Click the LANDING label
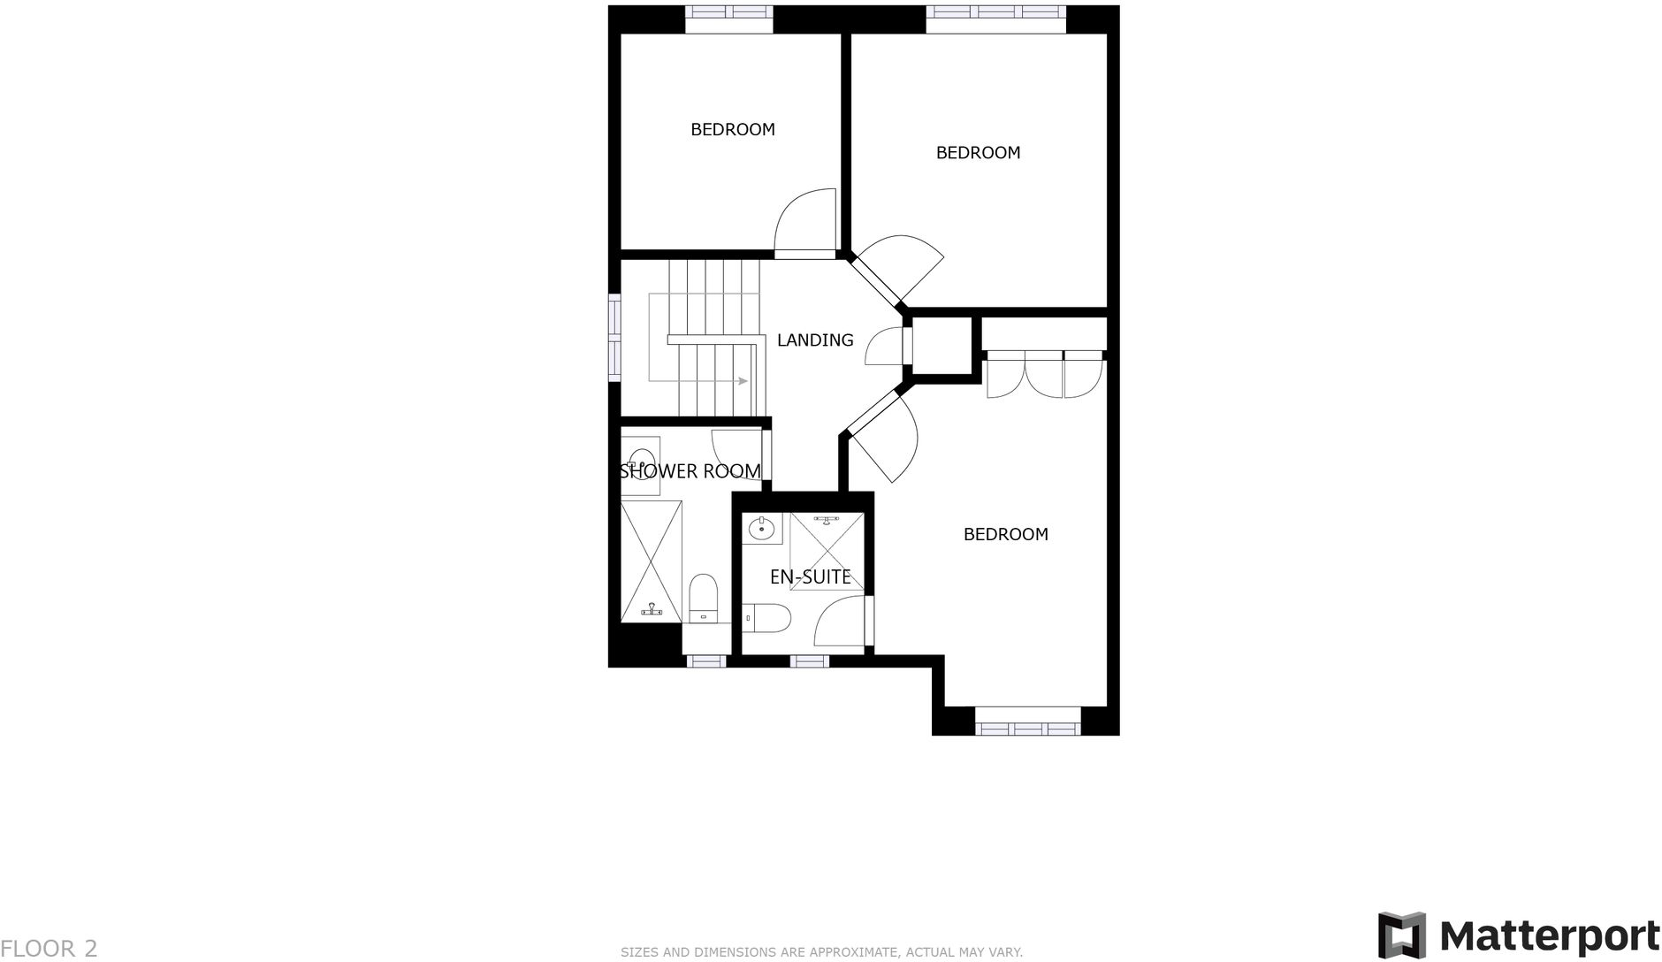click(x=814, y=340)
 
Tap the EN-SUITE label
click(x=810, y=577)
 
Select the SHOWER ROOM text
click(x=690, y=471)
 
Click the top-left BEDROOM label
click(x=732, y=129)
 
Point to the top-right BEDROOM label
click(x=978, y=152)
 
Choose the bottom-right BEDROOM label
click(x=1005, y=534)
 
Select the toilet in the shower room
click(x=704, y=598)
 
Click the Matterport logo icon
click(x=1402, y=935)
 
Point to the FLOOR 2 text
click(x=50, y=949)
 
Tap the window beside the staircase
click(x=614, y=338)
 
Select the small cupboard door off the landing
click(x=887, y=347)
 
